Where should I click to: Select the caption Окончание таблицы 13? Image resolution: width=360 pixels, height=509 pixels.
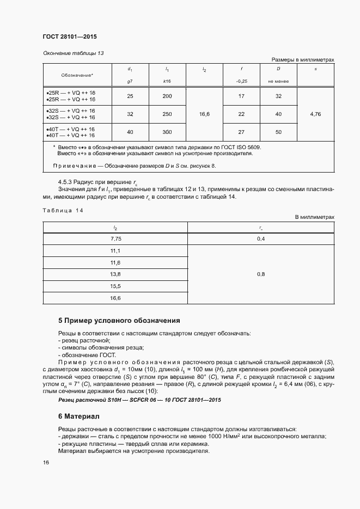coord(73,53)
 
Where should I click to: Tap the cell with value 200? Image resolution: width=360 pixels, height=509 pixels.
coord(167,96)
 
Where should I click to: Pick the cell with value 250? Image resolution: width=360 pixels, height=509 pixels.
coord(167,114)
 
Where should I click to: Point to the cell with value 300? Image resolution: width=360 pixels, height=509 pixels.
coord(167,132)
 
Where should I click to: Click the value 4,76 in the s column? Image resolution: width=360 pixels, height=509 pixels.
coord(315,114)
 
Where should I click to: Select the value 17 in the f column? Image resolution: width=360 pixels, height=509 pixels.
coord(241,96)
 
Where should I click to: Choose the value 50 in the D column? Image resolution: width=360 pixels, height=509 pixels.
coord(278,132)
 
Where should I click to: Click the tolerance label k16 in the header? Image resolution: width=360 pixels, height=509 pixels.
coord(167,81)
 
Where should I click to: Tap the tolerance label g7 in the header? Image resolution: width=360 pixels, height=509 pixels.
coord(130,81)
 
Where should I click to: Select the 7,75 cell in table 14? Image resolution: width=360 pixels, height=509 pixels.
coord(115,239)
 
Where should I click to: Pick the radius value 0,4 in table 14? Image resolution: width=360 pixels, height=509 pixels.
coord(261,239)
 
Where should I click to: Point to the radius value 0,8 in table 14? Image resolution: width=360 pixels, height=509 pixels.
coord(261,274)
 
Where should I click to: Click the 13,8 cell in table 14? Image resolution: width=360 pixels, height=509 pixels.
coord(115,274)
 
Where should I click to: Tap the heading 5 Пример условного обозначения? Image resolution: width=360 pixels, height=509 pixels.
coord(119,320)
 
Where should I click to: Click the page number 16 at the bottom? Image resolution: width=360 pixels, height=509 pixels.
coord(46,463)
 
